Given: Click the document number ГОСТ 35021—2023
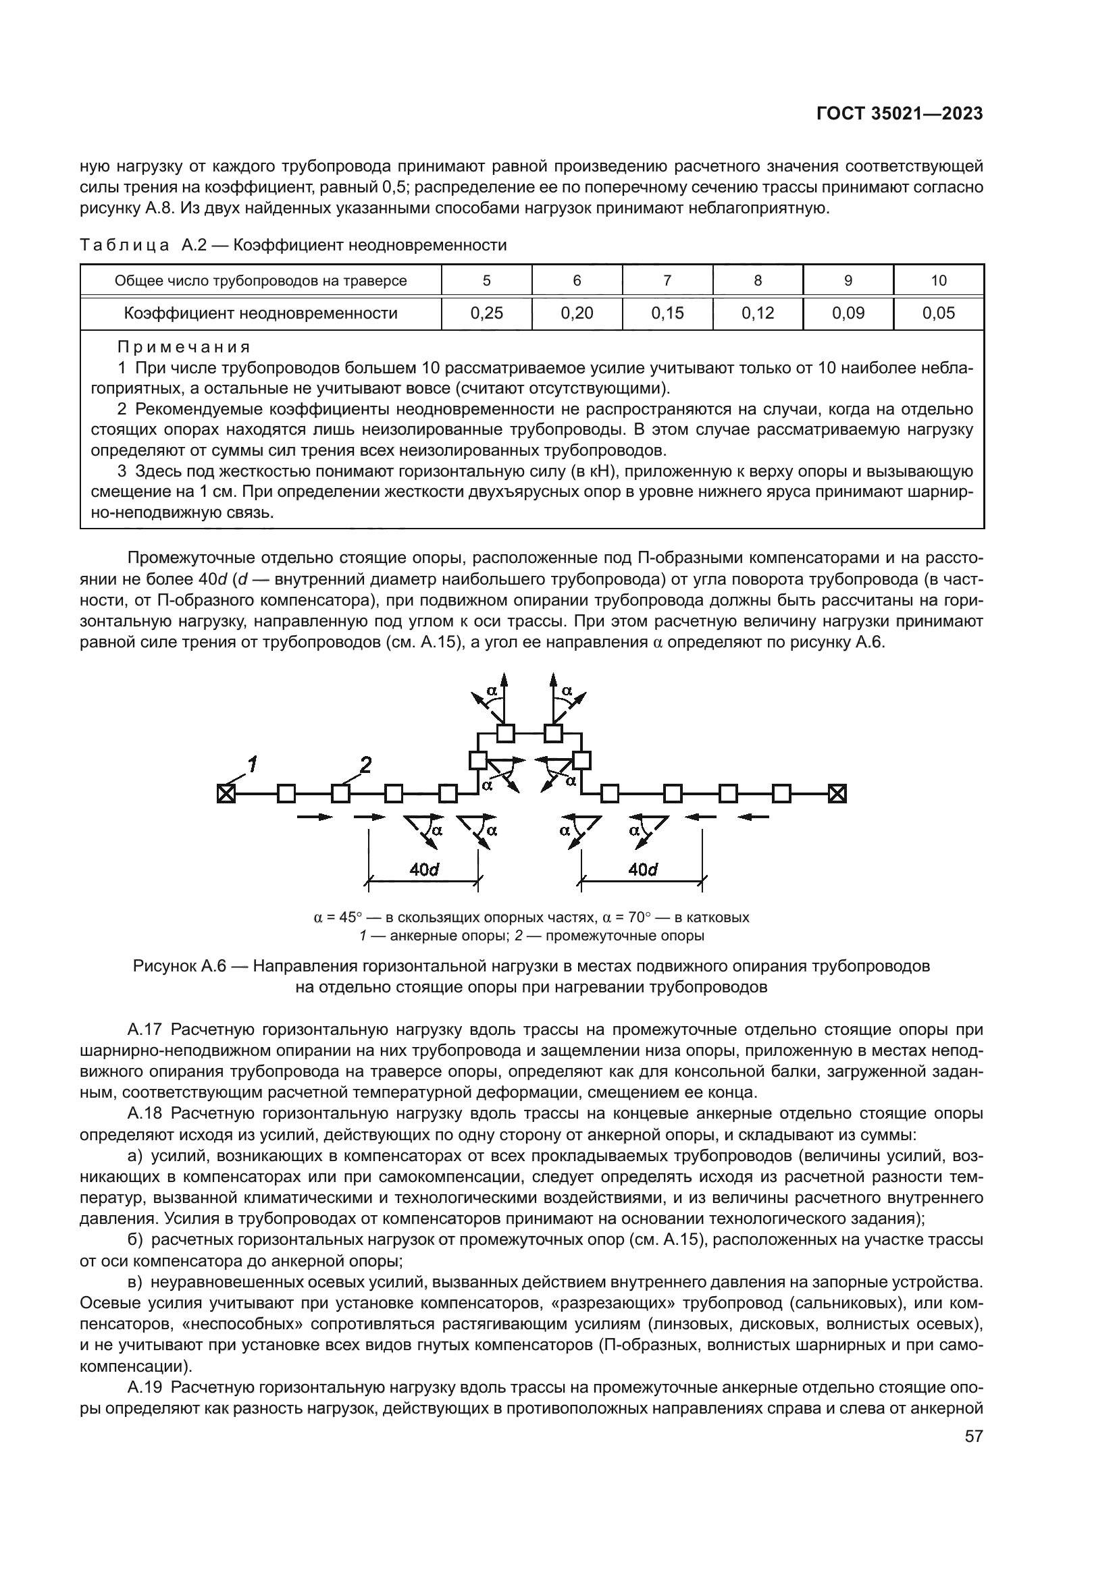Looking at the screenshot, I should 899,114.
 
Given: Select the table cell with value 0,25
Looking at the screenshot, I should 486,314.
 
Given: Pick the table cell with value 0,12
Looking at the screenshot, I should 757,314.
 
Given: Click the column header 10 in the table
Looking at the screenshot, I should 938,281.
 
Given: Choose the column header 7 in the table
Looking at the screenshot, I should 667,281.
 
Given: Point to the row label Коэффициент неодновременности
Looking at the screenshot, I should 261,314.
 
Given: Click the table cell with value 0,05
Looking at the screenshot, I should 938,314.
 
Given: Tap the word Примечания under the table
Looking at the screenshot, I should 184,346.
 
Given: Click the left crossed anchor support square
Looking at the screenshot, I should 226,794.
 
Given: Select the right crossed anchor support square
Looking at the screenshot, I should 836,794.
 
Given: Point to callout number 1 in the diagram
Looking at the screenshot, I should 253,764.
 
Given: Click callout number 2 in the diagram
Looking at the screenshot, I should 365,765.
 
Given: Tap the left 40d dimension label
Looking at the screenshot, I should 424,869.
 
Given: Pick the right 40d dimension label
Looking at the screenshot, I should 642,869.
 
